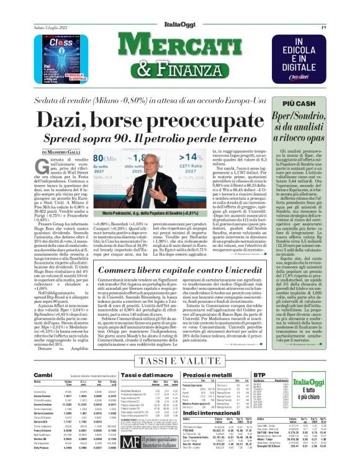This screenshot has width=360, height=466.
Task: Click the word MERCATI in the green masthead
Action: (x=186, y=47)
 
